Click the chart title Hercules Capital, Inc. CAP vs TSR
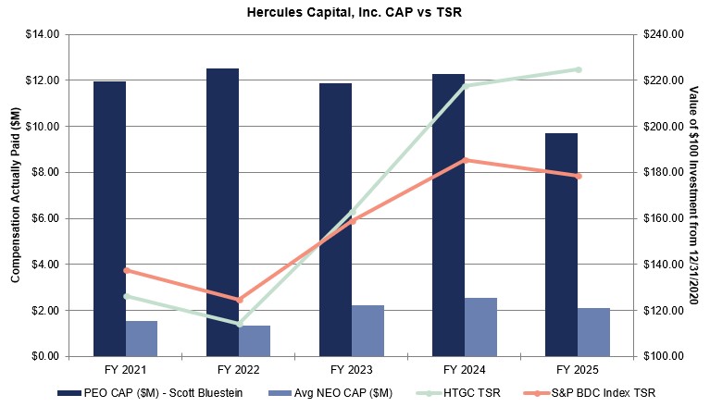(355, 13)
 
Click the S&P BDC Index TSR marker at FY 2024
(466, 160)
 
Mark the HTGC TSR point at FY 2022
(239, 324)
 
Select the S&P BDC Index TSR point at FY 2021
(126, 270)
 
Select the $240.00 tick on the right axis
(665, 34)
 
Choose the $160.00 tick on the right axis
(665, 218)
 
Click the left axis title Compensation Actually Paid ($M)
(15, 194)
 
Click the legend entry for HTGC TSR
(477, 393)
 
